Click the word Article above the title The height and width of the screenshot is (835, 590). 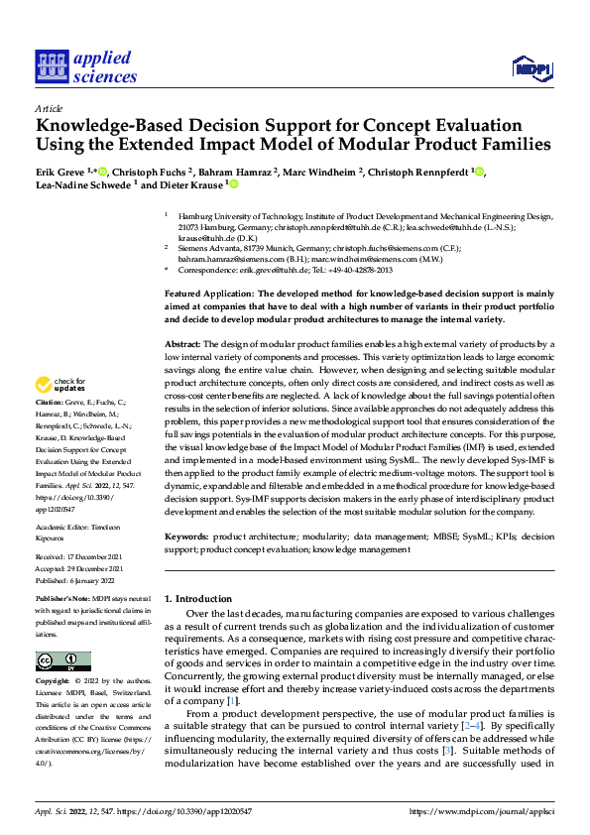pos(49,108)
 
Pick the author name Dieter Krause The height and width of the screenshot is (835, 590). pos(192,184)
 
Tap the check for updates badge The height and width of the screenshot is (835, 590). pos(62,385)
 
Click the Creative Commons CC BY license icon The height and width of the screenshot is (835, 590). pos(63,661)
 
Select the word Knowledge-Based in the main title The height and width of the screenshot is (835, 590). pos(108,126)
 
